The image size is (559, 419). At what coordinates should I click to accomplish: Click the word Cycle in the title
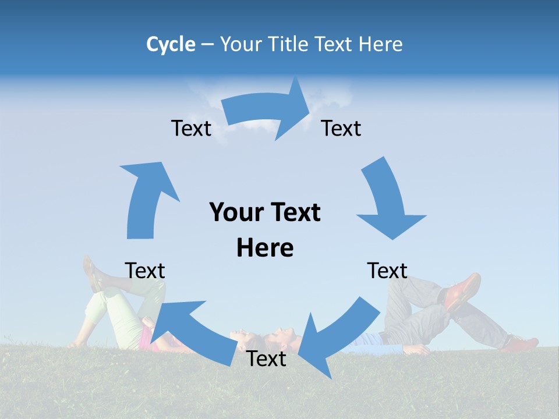[171, 44]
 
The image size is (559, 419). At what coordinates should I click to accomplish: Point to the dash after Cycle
[207, 45]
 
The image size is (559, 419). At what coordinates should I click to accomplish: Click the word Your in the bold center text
[234, 213]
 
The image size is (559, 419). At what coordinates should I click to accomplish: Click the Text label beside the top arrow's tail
[191, 129]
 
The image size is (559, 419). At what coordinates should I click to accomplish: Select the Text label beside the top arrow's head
[341, 129]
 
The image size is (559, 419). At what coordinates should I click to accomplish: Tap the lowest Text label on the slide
[266, 359]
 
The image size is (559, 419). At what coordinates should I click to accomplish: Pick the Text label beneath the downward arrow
[387, 271]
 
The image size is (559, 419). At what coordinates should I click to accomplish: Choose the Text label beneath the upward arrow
[145, 271]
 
